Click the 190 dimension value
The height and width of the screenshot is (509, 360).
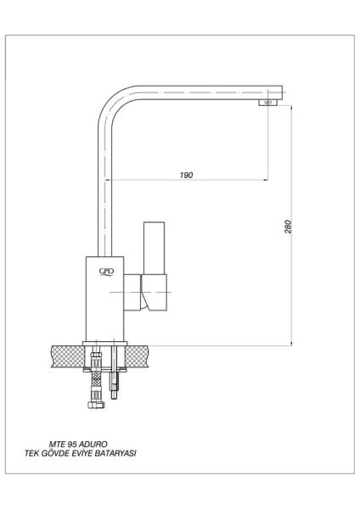click(186, 175)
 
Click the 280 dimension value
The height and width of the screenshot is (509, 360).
click(288, 227)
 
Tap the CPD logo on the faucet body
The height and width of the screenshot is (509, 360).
click(107, 272)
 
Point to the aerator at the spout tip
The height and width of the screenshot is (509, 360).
click(268, 103)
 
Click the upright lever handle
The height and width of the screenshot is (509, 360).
click(154, 249)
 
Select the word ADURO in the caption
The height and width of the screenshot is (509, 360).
click(93, 444)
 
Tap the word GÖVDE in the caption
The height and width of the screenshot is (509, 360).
click(55, 453)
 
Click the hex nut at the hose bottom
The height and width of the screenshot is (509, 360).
click(96, 405)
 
